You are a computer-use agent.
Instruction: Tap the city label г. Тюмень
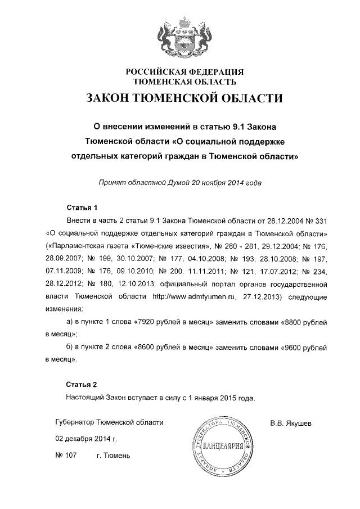coord(113,455)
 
